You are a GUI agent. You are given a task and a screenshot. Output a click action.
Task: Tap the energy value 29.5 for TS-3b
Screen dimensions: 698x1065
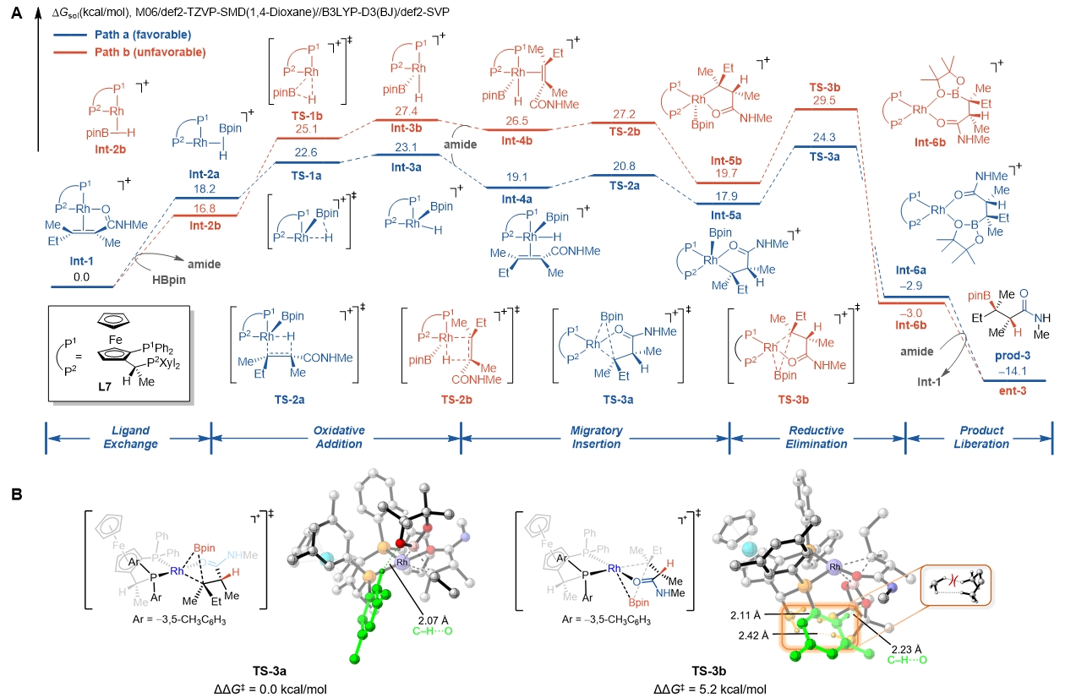[827, 99]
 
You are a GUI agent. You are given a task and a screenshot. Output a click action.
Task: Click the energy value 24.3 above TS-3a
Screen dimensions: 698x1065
[827, 136]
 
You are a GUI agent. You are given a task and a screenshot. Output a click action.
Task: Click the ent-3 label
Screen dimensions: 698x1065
[1013, 391]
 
